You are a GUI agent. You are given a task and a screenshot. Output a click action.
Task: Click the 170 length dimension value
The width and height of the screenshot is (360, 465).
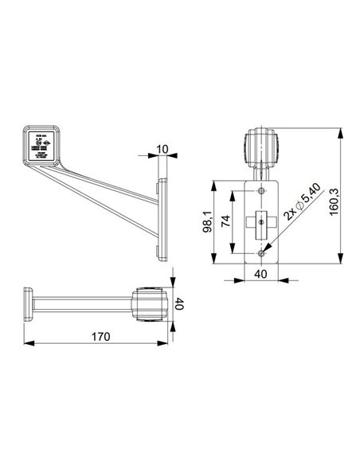pyautogui.click(x=99, y=336)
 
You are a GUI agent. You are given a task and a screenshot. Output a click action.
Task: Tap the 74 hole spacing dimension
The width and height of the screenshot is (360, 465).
pyautogui.click(x=227, y=221)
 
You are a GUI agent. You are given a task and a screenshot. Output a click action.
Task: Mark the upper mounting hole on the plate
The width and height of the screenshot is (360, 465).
pyautogui.click(x=262, y=191)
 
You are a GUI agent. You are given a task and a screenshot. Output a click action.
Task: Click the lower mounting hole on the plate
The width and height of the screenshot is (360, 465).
pyautogui.click(x=262, y=252)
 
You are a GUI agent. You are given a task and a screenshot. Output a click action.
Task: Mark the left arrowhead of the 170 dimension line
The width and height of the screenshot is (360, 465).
pyautogui.click(x=29, y=343)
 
